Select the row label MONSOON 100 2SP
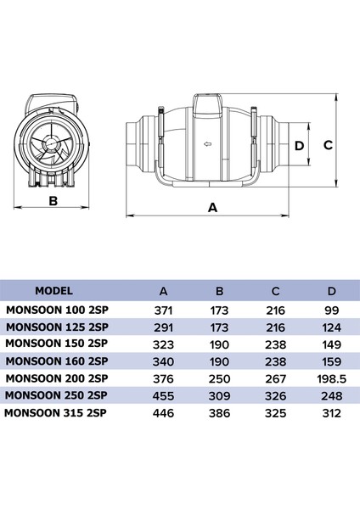tap(57, 310)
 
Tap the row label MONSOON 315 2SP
tap(57, 413)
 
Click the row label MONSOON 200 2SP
tap(57, 378)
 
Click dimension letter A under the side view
tap(211, 206)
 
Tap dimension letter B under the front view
tap(52, 201)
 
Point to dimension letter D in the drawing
tap(298, 144)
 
